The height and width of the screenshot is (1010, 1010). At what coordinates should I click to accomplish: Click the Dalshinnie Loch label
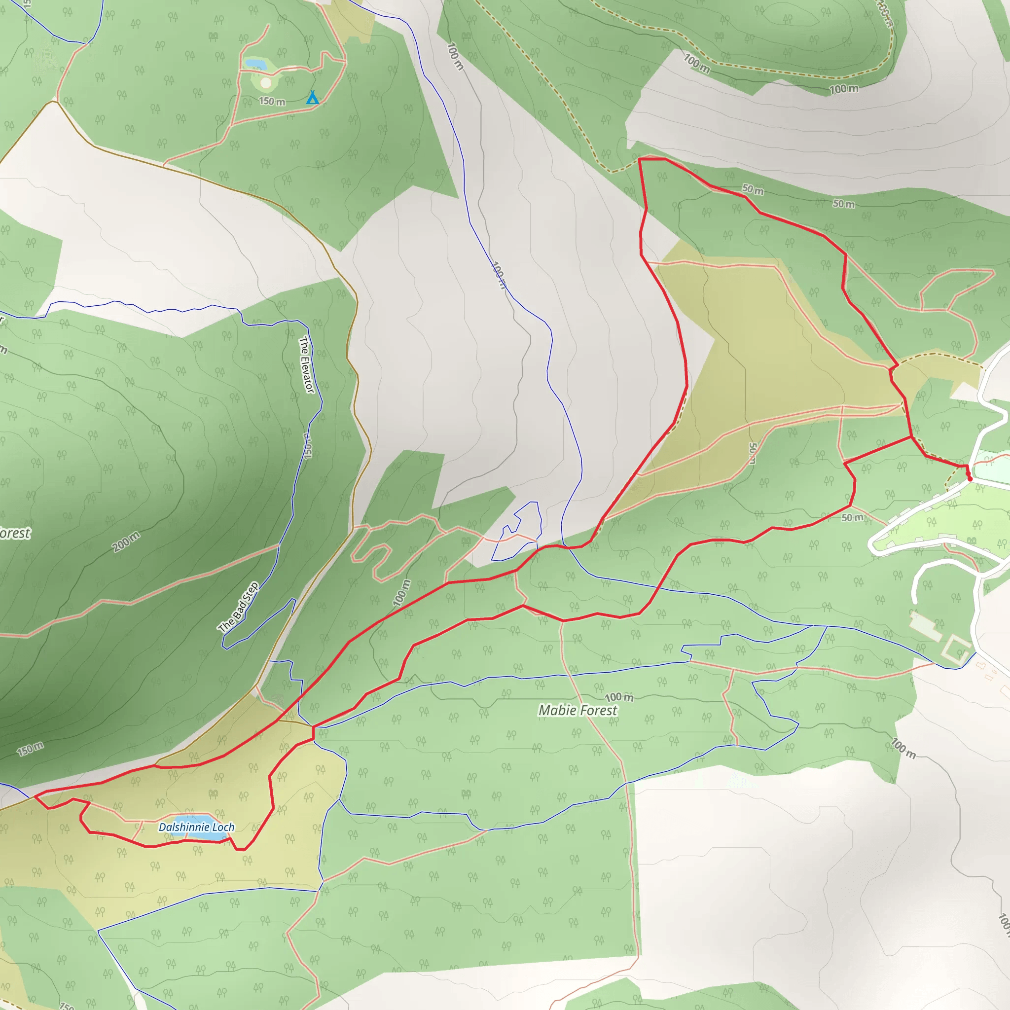[x=196, y=827]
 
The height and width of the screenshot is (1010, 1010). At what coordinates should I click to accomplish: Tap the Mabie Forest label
[x=577, y=711]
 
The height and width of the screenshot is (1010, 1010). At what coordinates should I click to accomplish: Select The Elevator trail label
[x=306, y=364]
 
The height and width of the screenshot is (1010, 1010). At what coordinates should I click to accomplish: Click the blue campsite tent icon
[x=312, y=97]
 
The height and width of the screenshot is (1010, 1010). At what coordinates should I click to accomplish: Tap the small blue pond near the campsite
[x=255, y=64]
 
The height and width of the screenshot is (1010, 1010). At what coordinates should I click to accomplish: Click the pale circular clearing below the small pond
[x=266, y=82]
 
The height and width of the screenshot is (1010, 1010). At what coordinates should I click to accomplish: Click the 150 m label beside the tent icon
[x=272, y=101]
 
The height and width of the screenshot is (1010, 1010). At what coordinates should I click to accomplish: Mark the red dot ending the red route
[x=970, y=478]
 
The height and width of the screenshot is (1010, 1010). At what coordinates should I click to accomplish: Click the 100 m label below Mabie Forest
[x=619, y=697]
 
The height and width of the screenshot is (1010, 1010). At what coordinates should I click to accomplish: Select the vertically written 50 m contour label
[x=752, y=453]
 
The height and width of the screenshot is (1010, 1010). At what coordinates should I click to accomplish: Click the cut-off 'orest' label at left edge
[x=15, y=533]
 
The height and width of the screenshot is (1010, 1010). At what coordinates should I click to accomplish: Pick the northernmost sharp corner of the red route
[x=639, y=159]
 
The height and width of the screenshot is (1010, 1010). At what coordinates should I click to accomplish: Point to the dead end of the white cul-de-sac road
[x=915, y=602]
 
